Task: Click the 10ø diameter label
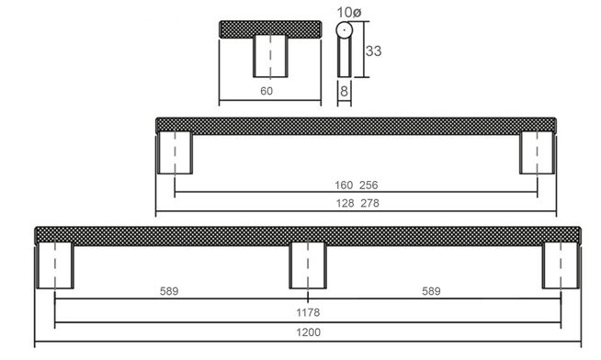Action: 348,12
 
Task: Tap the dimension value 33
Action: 373,51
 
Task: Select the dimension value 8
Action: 344,91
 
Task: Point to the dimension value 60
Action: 266,91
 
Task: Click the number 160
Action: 344,186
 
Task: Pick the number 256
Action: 369,186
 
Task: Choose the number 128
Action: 345,203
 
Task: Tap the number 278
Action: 369,203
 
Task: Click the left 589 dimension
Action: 169,291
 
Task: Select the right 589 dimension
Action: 431,291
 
